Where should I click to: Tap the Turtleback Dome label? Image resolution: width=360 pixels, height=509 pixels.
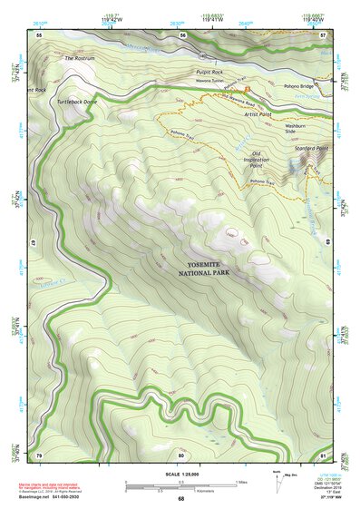coord(77,103)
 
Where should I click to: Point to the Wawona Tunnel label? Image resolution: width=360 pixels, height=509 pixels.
coord(211,81)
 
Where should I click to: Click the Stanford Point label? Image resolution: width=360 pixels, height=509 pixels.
coord(310,145)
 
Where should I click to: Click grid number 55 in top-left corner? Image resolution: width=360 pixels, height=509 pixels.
coord(39,34)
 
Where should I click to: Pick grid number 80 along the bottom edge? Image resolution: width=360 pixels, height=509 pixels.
coord(181,455)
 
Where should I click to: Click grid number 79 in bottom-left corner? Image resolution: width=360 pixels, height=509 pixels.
coord(39,455)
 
